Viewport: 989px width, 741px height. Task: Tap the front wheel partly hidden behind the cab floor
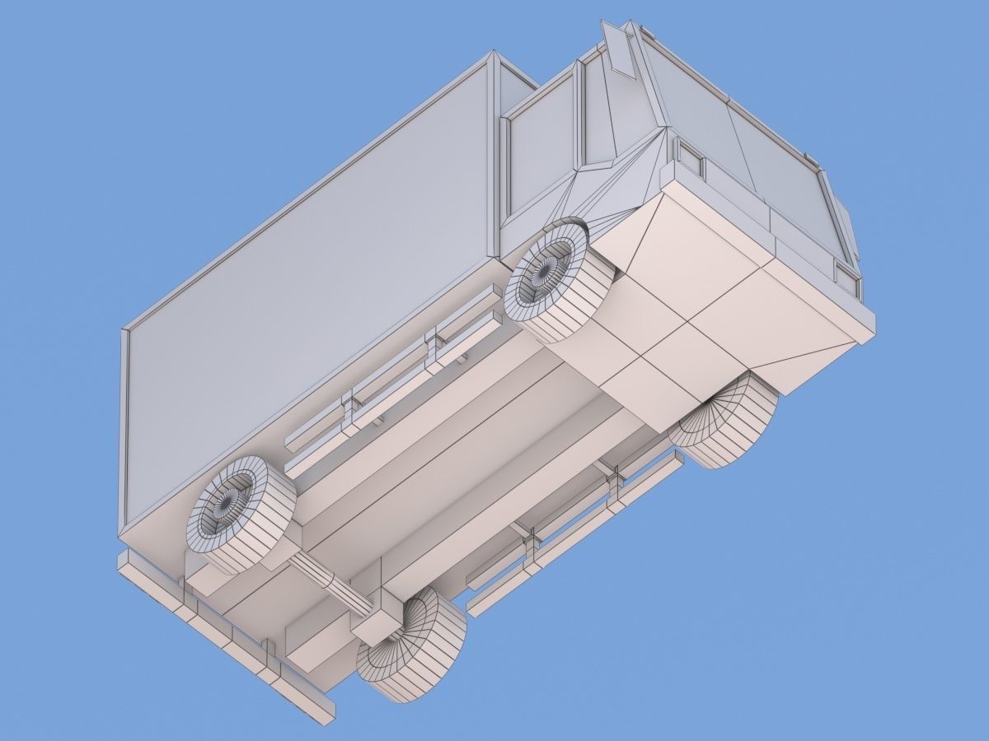tap(725, 424)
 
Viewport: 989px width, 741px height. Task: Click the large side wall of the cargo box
tap(313, 272)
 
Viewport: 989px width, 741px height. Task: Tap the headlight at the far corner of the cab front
tap(846, 276)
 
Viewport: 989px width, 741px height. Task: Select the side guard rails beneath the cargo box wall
tap(396, 370)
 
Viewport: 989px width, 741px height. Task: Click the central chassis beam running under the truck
tap(462, 461)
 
